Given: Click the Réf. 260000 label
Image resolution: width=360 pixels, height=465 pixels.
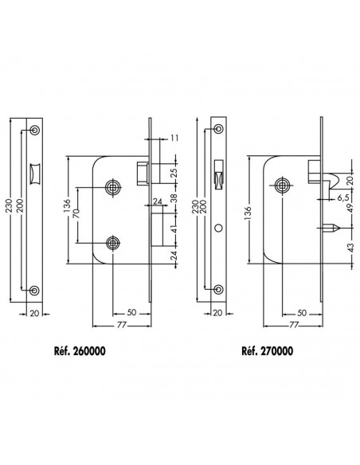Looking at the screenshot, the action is pyautogui.click(x=80, y=351).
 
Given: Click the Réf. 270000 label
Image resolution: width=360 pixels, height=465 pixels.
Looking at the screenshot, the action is pyautogui.click(x=267, y=351).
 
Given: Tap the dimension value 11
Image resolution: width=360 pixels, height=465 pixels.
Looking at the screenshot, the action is pyautogui.click(x=174, y=138).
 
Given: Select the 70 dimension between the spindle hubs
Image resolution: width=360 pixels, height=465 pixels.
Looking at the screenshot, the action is pyautogui.click(x=76, y=214).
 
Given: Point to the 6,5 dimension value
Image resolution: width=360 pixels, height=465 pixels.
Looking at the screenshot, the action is pyautogui.click(x=342, y=197).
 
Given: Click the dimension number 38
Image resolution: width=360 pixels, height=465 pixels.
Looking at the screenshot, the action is pyautogui.click(x=174, y=198).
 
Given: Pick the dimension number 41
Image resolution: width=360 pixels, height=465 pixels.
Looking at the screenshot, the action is pyautogui.click(x=174, y=229).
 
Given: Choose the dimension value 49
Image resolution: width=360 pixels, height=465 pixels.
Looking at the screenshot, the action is pyautogui.click(x=350, y=208).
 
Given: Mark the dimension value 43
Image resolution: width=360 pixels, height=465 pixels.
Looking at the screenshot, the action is pyautogui.click(x=350, y=248).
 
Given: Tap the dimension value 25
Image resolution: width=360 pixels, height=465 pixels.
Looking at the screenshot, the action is pyautogui.click(x=174, y=173).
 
